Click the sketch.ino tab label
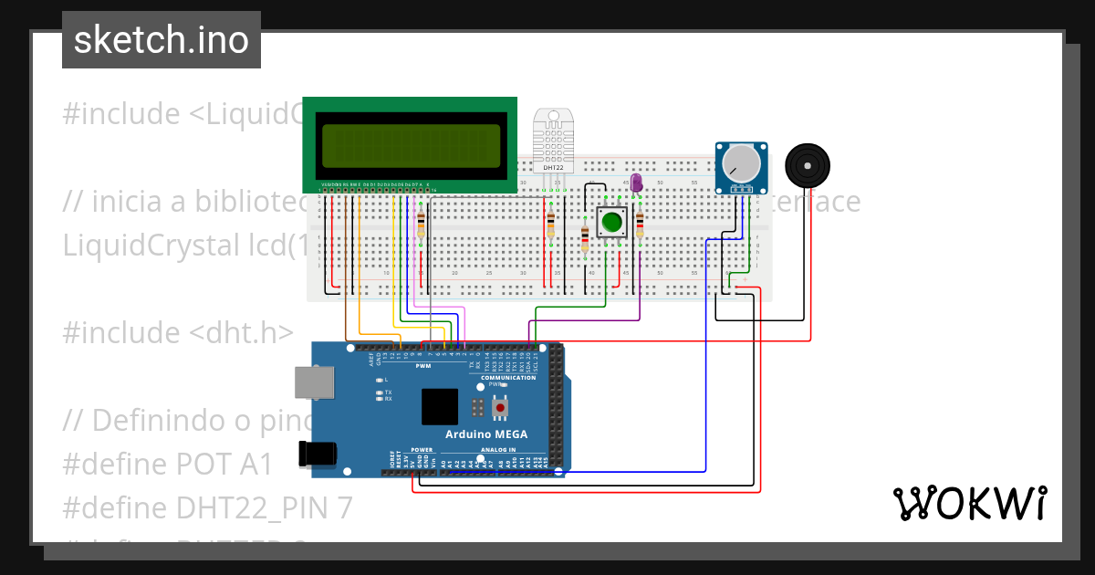click(162, 40)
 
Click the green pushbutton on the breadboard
click(611, 221)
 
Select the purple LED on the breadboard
click(637, 183)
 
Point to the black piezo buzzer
click(808, 165)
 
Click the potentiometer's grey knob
click(740, 163)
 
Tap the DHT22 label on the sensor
click(553, 168)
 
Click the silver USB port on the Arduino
click(314, 382)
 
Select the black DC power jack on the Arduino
click(318, 453)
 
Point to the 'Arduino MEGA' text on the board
click(486, 434)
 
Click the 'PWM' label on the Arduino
click(422, 366)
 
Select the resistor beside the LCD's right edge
click(421, 225)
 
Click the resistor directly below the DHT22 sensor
click(550, 225)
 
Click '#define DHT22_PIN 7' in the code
click(207, 507)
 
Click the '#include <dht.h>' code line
click(178, 332)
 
